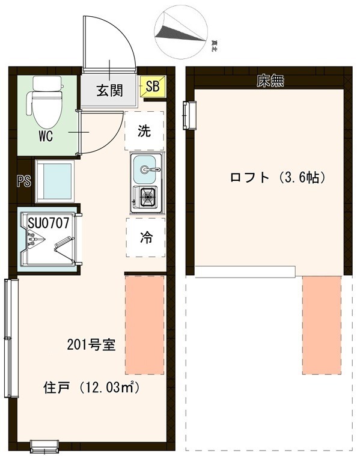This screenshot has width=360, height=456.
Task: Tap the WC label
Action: point(46,136)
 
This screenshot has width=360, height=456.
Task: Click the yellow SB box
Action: point(152,87)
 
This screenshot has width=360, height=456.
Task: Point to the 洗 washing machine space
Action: point(144,130)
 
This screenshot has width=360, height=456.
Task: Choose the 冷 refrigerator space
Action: point(145,237)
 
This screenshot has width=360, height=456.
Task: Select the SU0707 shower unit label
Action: point(49,223)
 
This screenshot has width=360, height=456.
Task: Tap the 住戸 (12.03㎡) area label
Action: point(91,388)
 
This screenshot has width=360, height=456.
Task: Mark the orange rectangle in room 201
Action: point(144,325)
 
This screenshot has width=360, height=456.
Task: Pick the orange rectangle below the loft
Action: point(322,325)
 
